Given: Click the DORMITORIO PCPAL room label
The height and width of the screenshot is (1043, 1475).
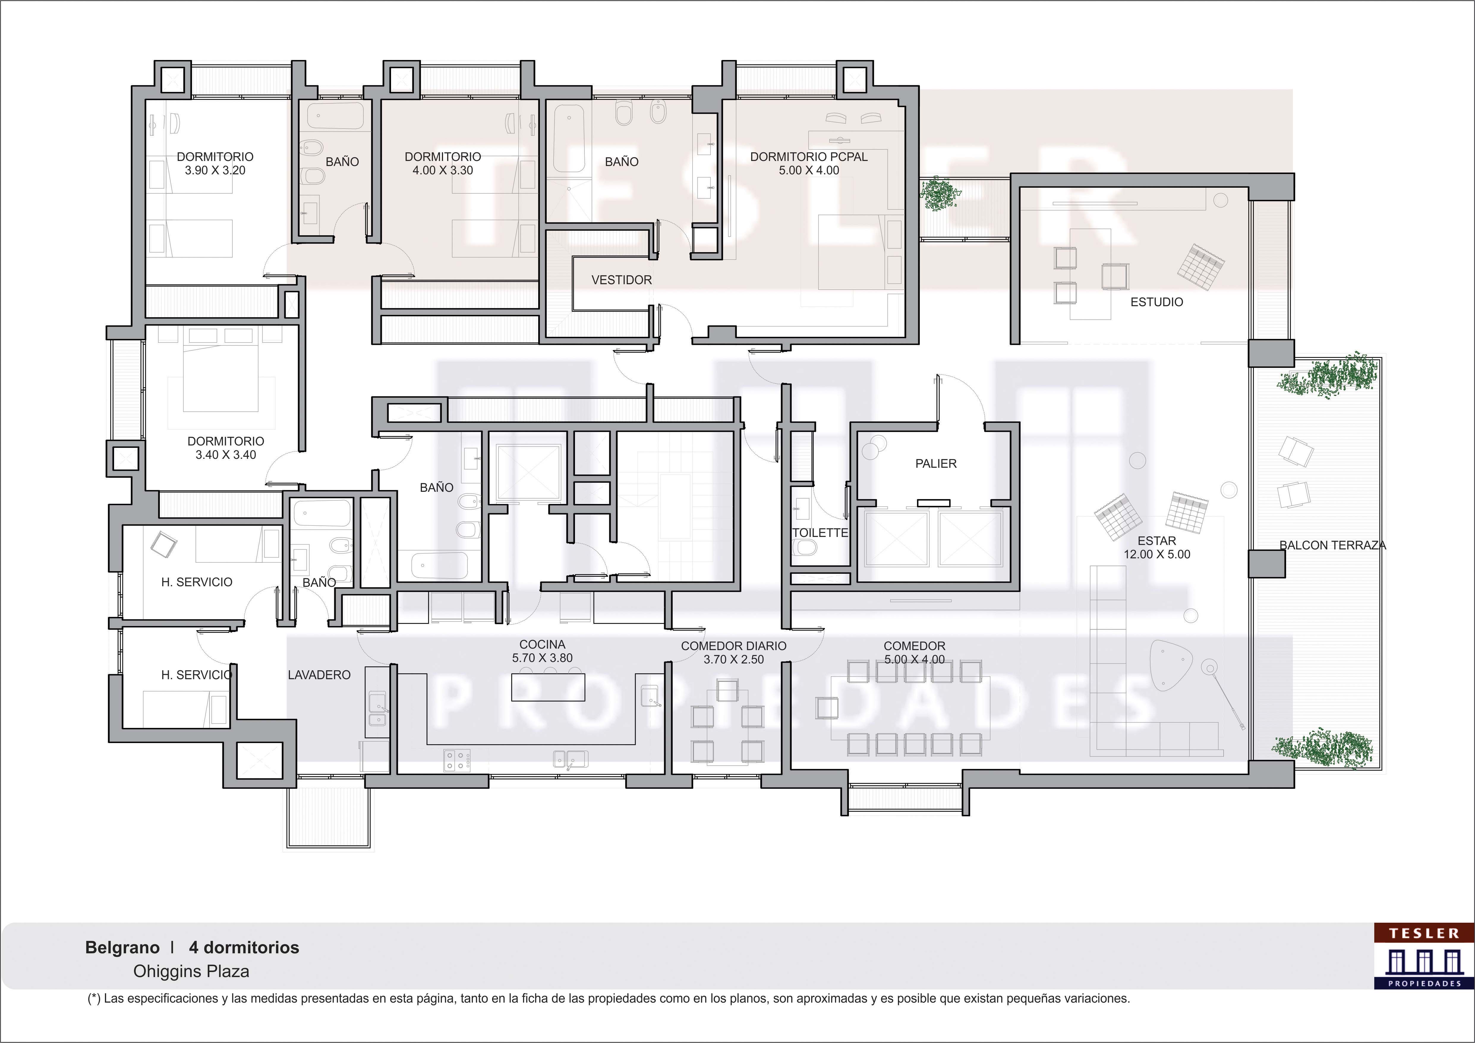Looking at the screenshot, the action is [809, 157].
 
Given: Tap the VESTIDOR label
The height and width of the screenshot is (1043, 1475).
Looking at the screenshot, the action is [621, 280].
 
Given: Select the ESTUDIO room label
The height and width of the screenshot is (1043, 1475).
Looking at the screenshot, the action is [1156, 302].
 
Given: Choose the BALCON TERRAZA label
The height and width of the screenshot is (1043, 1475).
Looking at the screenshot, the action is [1332, 545].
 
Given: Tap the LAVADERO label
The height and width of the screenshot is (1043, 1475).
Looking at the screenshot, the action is [319, 675].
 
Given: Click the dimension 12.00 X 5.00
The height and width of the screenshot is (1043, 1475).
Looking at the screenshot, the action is [1156, 554].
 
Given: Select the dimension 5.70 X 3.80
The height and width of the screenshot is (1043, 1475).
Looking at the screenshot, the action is [542, 658].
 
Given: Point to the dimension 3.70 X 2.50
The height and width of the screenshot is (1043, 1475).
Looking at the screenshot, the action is [734, 660].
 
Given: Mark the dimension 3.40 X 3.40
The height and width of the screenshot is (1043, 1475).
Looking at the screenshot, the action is [226, 455].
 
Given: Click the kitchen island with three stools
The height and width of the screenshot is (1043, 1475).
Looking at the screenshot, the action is [548, 685].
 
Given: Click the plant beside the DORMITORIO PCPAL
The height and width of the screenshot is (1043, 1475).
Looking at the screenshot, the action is [939, 194].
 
